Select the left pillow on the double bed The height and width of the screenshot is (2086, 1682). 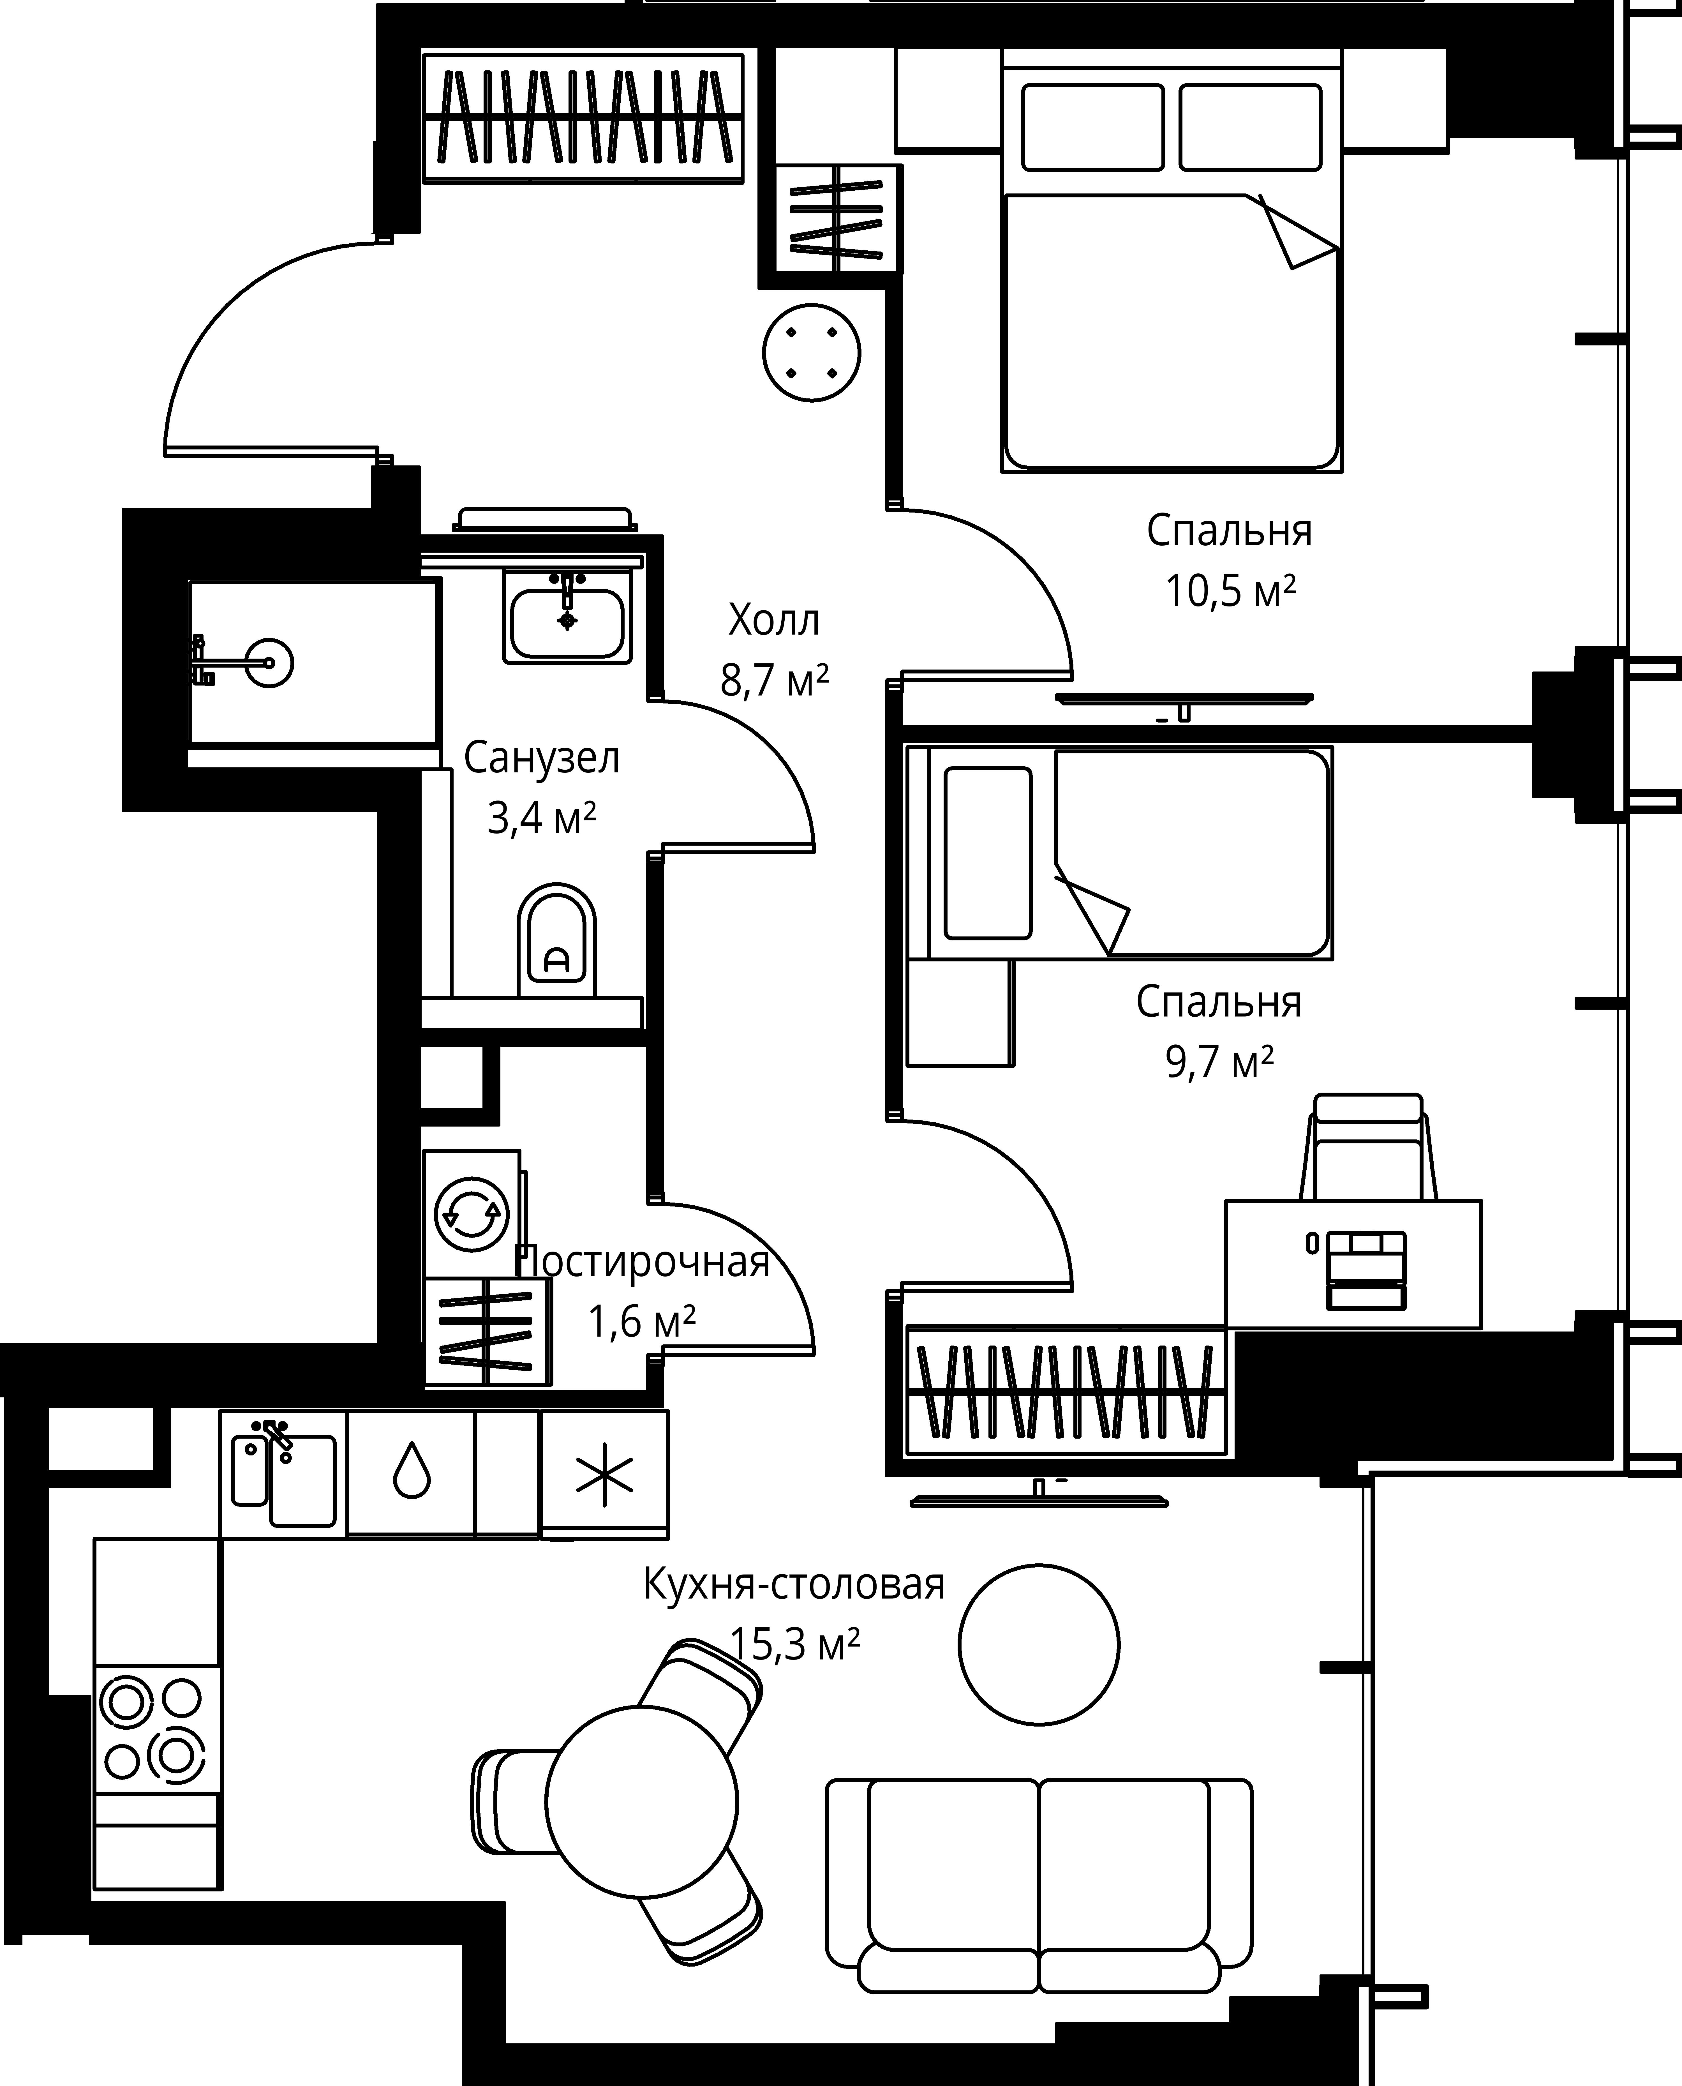(x=1093, y=127)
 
